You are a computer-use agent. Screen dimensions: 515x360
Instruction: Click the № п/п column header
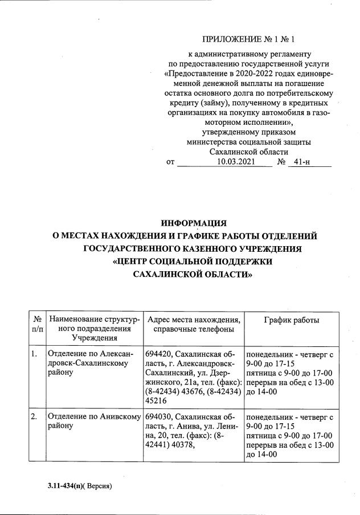pyautogui.click(x=38, y=325)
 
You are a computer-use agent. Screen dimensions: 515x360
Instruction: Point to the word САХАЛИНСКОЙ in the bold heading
pyautogui.click(x=165, y=274)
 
